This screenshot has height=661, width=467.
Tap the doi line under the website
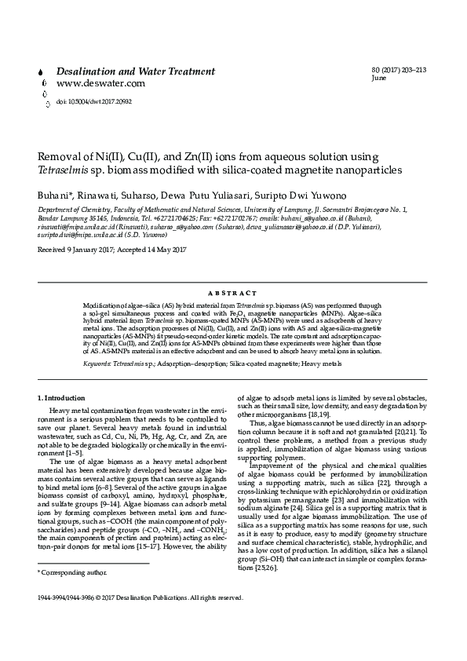click(x=93, y=102)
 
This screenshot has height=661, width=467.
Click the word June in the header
click(x=379, y=79)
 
